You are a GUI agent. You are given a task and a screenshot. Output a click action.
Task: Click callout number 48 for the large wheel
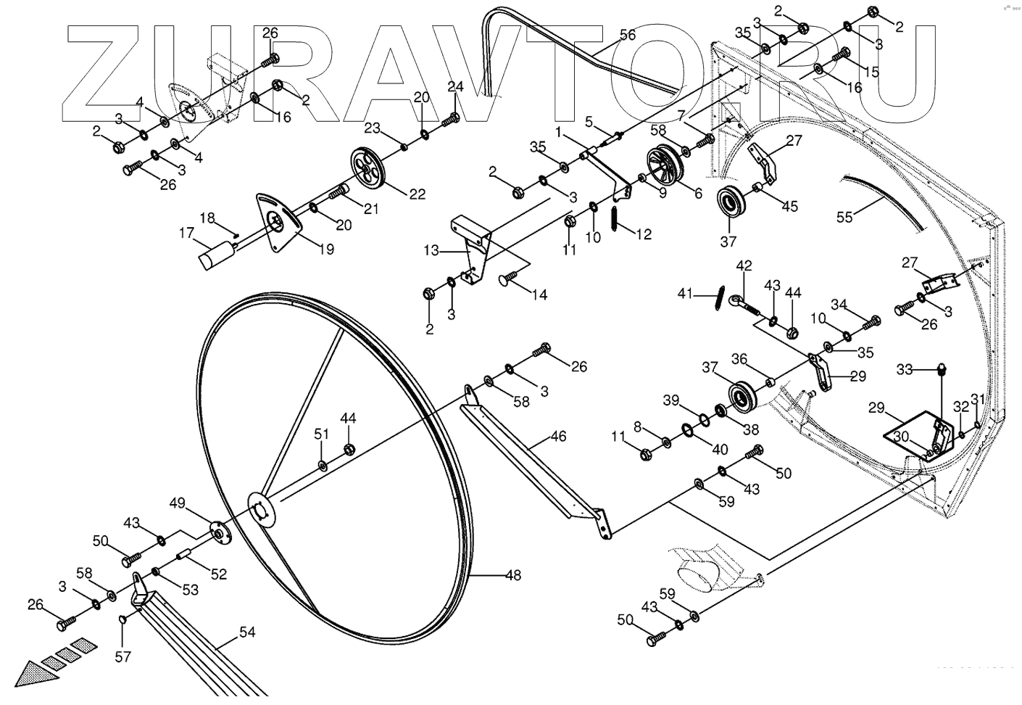coord(512,576)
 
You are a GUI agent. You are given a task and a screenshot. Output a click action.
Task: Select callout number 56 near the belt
coord(627,35)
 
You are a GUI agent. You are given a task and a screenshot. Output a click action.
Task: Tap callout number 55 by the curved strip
coord(845,217)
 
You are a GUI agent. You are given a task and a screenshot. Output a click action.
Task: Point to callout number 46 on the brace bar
coord(558,437)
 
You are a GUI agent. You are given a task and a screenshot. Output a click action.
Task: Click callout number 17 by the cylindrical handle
coord(187,234)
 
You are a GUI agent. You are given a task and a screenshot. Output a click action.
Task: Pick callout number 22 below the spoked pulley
coord(417,194)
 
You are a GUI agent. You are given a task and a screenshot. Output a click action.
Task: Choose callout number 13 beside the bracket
coord(431,251)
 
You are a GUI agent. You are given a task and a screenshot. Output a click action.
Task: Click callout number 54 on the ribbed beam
coord(247,632)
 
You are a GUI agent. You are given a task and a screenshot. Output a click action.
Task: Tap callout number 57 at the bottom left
coord(123,657)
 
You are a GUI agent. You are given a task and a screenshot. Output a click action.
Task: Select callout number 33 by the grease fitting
coord(905,369)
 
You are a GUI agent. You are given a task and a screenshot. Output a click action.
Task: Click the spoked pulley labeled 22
coord(370,166)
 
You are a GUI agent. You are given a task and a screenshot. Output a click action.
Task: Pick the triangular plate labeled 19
coord(277,223)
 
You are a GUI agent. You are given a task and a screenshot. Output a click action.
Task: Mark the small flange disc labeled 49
coord(217,532)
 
